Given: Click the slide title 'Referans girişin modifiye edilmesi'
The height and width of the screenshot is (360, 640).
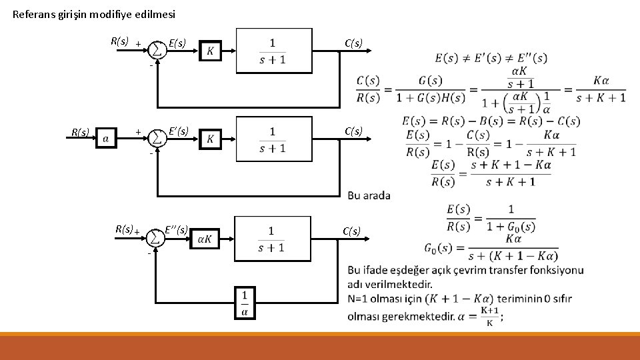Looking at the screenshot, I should [x=94, y=14].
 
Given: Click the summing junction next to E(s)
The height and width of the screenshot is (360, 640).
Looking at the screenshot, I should [x=157, y=50].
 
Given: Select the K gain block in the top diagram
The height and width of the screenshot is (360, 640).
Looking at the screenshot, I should [x=211, y=51].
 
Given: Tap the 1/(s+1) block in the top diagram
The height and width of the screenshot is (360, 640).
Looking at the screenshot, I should [x=273, y=51].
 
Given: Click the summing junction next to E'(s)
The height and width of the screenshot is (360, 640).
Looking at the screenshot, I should [x=157, y=138].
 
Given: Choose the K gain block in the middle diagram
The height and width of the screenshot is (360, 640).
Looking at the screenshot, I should [x=211, y=139].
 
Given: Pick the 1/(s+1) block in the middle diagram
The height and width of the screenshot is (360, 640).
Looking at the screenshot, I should [x=273, y=139].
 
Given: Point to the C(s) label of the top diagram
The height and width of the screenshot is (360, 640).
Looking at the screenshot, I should [x=353, y=43].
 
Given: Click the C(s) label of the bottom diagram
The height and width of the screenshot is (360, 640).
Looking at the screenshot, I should [x=352, y=231].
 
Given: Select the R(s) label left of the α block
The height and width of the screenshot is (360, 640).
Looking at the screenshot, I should [x=81, y=132].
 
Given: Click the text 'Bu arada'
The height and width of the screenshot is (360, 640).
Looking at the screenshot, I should [x=369, y=195].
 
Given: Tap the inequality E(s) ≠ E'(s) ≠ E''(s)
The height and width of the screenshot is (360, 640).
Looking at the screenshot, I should [x=491, y=58].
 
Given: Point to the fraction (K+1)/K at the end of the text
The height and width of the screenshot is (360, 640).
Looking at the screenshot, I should [x=490, y=317].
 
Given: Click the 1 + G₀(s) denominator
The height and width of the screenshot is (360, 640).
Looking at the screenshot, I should [x=510, y=226].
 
